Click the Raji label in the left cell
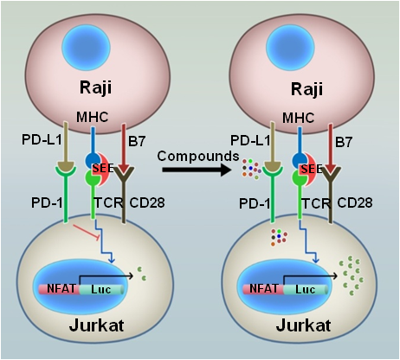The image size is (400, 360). [95, 87]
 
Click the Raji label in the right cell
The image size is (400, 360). [306, 88]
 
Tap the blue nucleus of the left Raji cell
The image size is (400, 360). [86, 46]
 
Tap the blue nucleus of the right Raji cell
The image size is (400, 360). [289, 47]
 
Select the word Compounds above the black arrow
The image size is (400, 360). [198, 156]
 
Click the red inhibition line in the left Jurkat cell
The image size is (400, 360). [87, 231]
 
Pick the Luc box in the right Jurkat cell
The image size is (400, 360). [306, 289]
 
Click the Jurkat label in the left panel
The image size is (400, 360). [96, 325]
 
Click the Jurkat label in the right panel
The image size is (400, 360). [303, 325]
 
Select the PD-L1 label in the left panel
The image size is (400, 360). [42, 140]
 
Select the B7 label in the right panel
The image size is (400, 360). [344, 142]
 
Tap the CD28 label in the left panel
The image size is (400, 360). [147, 202]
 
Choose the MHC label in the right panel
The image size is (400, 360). [298, 118]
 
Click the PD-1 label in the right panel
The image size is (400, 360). [255, 203]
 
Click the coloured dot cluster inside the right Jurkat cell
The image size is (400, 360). [279, 237]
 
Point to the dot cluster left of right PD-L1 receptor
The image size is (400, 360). [251, 169]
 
